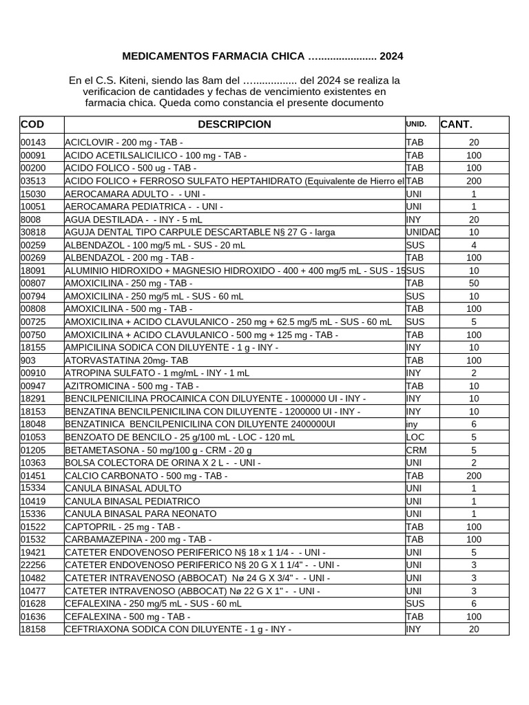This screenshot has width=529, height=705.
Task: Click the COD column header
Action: click(32, 125)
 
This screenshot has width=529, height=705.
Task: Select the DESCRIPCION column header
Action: click(234, 125)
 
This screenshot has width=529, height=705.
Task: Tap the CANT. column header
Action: click(456, 125)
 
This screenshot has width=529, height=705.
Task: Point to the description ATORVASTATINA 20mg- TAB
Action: click(126, 361)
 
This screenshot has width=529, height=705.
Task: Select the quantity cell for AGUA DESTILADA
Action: click(473, 220)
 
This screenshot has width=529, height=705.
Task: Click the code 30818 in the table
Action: click(32, 233)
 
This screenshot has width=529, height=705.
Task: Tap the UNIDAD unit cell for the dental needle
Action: click(422, 233)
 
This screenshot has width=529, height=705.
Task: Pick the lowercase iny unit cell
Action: click(412, 425)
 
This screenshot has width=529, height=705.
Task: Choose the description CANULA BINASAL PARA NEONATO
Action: click(141, 514)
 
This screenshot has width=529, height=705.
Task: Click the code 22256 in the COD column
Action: click(32, 565)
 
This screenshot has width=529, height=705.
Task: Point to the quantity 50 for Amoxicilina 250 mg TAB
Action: click(473, 284)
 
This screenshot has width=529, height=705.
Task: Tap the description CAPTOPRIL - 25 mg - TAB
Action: click(122, 527)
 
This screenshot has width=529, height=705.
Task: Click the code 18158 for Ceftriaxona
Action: click(32, 629)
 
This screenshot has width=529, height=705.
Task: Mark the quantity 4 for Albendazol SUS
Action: click(473, 245)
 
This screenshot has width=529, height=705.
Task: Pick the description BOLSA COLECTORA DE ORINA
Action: click(163, 463)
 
